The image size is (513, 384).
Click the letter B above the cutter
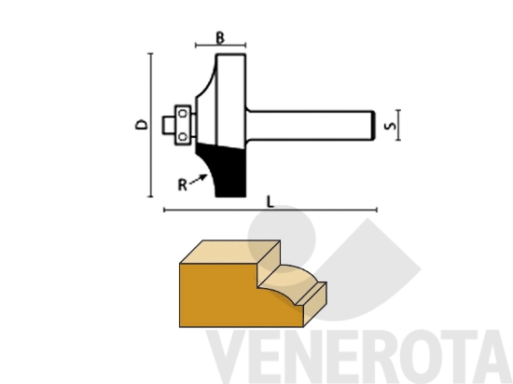220,36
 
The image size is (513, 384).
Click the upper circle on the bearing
184,113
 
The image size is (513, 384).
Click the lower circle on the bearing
184,134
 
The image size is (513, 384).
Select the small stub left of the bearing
169,123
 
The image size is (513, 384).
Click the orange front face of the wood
224,294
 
